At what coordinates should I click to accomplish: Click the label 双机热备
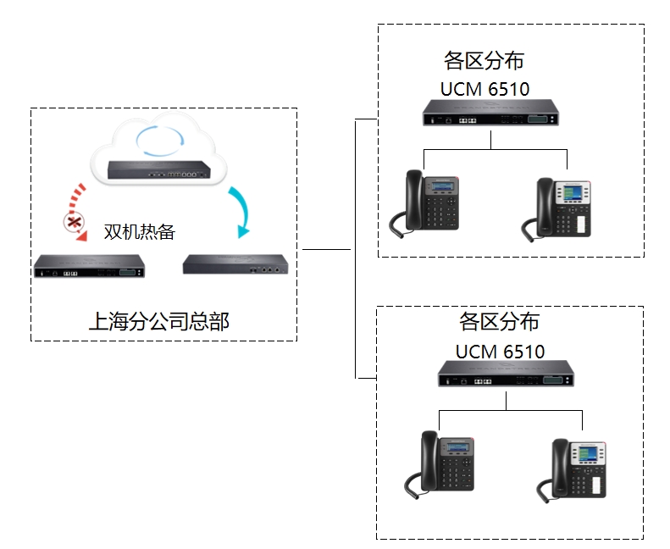pyautogui.click(x=139, y=232)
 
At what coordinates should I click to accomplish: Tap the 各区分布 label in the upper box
pyautogui.click(x=484, y=61)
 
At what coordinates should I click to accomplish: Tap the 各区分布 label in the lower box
pyautogui.click(x=499, y=322)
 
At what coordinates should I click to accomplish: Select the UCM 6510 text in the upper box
pyautogui.click(x=485, y=89)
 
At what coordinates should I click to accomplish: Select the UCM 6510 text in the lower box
pyautogui.click(x=500, y=351)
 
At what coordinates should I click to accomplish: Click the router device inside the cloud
pyautogui.click(x=158, y=169)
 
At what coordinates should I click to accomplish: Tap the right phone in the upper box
pyautogui.click(x=562, y=208)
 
